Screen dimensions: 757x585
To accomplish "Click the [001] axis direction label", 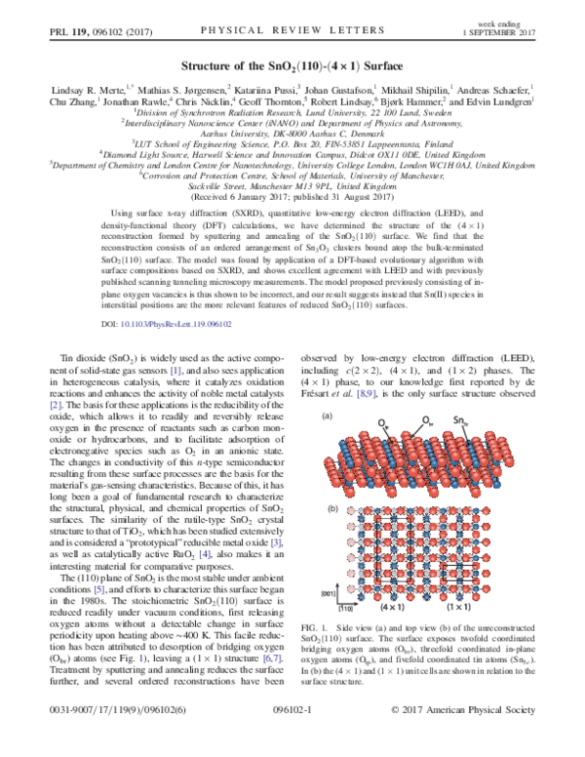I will pyautogui.click(x=330, y=592).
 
